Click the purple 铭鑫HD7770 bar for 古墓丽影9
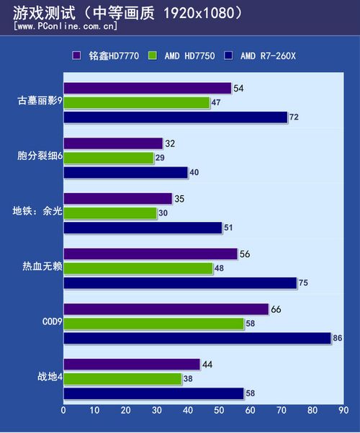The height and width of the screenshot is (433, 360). (147, 89)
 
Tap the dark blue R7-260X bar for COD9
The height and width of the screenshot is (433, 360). (197, 338)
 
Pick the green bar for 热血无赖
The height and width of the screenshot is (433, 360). (138, 269)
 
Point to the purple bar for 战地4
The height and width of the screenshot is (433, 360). (132, 365)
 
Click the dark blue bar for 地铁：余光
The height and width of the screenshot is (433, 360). (143, 228)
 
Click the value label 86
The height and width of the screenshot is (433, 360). (337, 338)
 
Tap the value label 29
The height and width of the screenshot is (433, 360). (160, 158)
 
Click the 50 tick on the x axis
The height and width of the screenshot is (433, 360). (219, 411)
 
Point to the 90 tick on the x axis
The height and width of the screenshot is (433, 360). (343, 411)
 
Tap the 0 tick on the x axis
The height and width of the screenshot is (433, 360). (63, 411)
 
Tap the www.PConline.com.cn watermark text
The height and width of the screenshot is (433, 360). (66, 26)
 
